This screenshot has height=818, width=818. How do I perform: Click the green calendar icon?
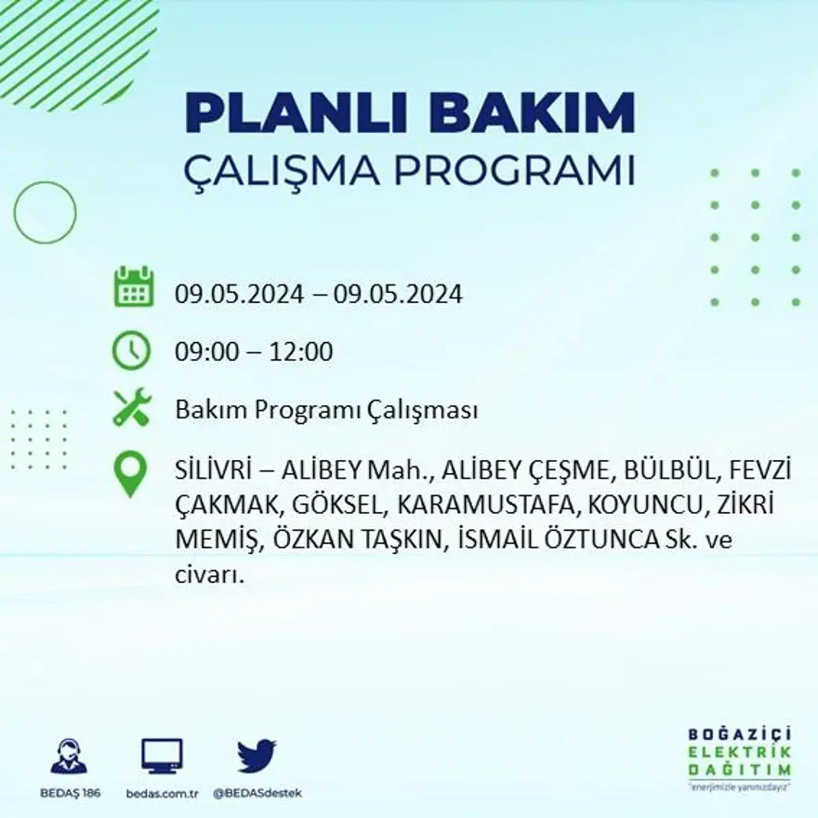133,287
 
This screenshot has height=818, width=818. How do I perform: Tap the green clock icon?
131,351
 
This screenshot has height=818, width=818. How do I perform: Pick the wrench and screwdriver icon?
131,407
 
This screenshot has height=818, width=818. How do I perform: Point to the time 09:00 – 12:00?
254,352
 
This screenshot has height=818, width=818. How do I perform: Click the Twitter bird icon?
257,756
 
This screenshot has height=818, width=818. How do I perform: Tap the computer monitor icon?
162,757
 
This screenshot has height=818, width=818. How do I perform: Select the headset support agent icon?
69,757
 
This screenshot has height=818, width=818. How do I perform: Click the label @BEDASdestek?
257,793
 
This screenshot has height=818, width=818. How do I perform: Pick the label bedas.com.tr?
162,793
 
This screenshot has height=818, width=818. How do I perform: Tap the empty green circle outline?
45,213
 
